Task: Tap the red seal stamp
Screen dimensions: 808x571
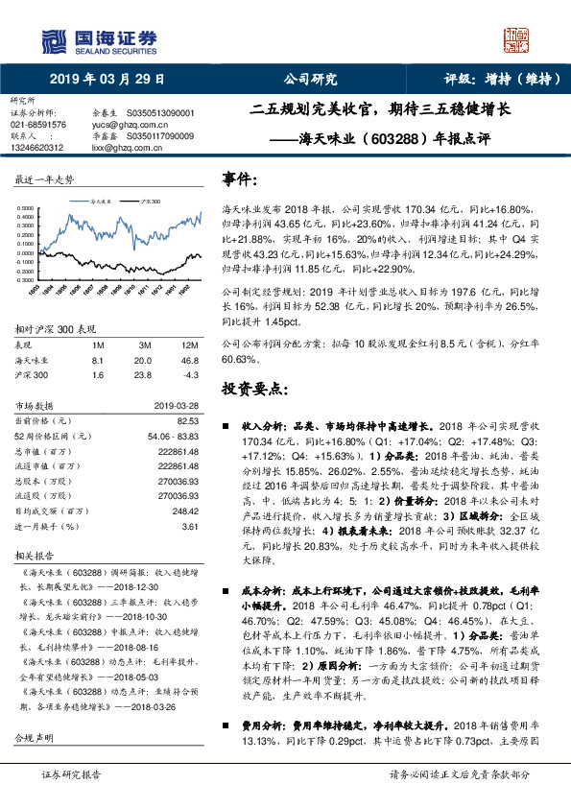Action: (518, 39)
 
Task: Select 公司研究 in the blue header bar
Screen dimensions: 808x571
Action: (311, 80)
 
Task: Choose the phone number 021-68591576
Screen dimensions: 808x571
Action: (38, 124)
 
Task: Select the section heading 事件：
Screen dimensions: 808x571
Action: (240, 180)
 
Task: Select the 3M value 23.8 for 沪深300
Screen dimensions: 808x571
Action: (145, 376)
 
